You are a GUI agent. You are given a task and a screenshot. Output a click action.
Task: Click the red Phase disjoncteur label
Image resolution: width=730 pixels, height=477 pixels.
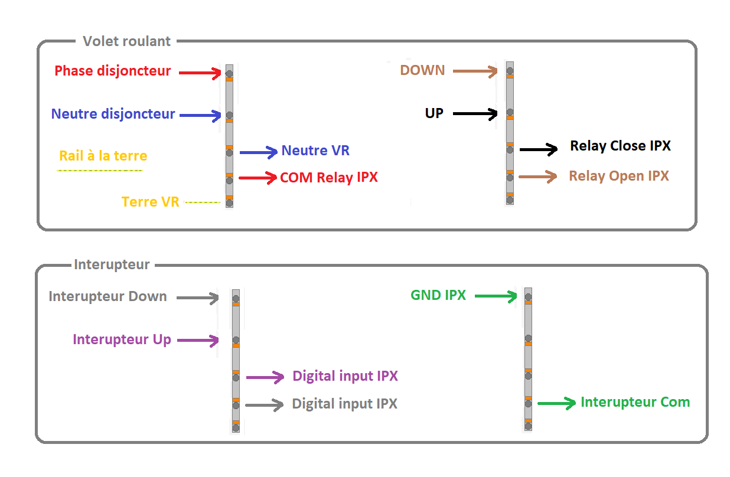pyautogui.click(x=112, y=71)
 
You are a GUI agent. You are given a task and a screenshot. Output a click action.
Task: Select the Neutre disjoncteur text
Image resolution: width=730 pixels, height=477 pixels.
pyautogui.click(x=113, y=114)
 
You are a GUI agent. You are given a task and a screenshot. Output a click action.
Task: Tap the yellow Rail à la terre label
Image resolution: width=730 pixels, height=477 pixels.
pyautogui.click(x=103, y=156)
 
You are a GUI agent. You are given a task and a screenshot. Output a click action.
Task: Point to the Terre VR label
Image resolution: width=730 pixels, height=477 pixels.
pyautogui.click(x=150, y=202)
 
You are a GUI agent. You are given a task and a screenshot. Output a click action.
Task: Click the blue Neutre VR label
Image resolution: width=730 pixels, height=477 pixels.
pyautogui.click(x=315, y=151)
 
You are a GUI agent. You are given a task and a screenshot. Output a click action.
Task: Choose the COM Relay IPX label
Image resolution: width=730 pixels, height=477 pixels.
pyautogui.click(x=329, y=177)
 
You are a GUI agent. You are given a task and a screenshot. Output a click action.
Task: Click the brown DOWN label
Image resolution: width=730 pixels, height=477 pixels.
pyautogui.click(x=422, y=70)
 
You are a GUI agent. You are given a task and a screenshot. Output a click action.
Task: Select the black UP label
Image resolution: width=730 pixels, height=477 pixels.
pyautogui.click(x=434, y=113)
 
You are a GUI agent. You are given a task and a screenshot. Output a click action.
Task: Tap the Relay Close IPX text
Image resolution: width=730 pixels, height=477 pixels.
pyautogui.click(x=620, y=146)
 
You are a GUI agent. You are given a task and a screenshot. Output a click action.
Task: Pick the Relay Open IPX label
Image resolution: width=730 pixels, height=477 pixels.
pyautogui.click(x=619, y=176)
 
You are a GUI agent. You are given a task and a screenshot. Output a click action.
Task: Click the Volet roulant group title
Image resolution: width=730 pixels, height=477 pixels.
pyautogui.click(x=126, y=41)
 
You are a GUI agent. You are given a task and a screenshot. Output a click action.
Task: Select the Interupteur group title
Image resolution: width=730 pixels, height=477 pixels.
pyautogui.click(x=112, y=264)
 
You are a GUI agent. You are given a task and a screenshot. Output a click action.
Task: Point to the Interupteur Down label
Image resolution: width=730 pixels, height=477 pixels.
pyautogui.click(x=107, y=296)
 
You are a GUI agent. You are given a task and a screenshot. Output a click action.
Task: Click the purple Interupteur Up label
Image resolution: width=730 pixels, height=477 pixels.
pyautogui.click(x=122, y=339)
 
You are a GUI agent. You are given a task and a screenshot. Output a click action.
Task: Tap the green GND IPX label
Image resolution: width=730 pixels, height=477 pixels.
pyautogui.click(x=438, y=295)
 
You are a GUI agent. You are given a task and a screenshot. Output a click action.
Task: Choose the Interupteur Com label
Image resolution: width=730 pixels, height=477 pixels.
pyautogui.click(x=635, y=402)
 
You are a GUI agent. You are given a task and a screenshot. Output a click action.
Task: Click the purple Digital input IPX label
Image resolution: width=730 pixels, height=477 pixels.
pyautogui.click(x=345, y=376)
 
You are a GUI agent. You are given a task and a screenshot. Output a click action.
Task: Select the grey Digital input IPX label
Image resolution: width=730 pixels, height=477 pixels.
pyautogui.click(x=344, y=404)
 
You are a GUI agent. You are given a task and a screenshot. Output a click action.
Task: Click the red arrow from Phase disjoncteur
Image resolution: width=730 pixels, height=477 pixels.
pyautogui.click(x=200, y=73)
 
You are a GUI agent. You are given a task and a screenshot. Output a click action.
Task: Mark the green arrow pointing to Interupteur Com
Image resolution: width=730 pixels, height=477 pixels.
pyautogui.click(x=556, y=404)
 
